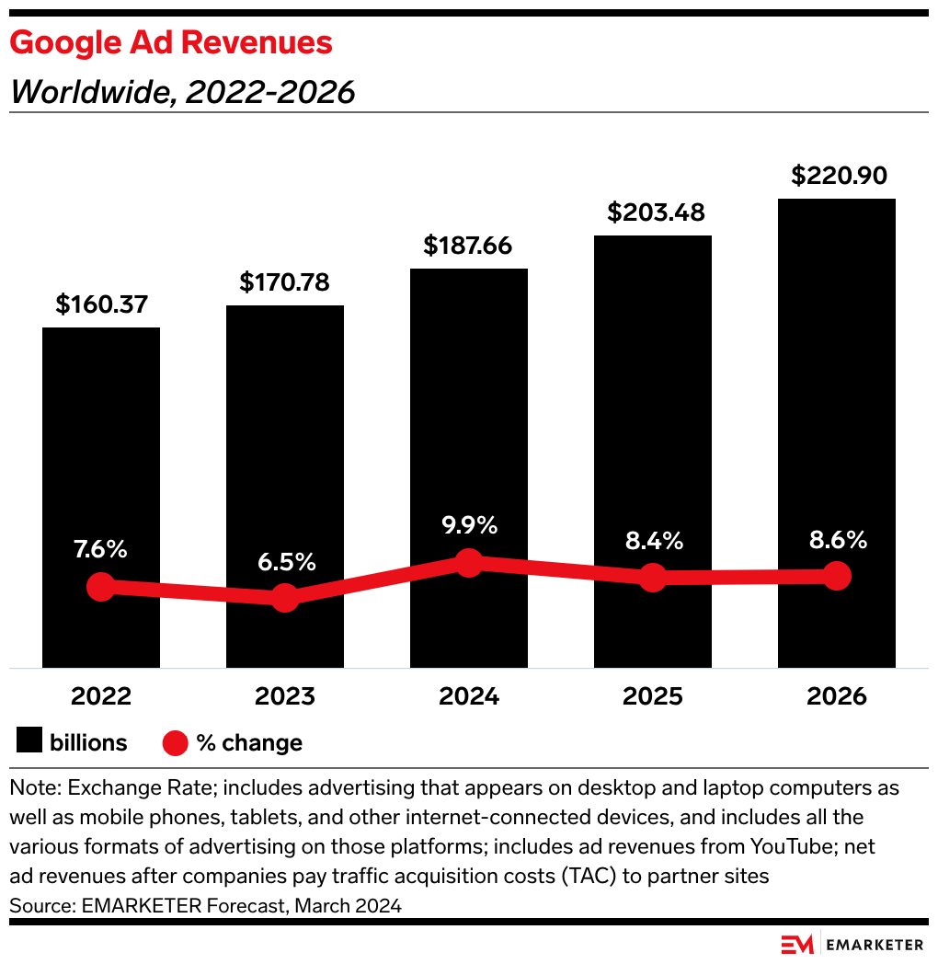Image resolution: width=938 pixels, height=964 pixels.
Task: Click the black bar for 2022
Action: coord(101,442)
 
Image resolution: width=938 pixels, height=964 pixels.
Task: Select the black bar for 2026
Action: coord(836,386)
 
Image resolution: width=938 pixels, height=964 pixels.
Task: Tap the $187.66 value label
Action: coord(468,246)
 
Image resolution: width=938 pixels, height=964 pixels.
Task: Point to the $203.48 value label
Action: coord(656,212)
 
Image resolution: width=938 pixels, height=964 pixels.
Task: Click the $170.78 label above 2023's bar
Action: coord(284,282)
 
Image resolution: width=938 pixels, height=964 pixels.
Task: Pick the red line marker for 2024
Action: coord(469,563)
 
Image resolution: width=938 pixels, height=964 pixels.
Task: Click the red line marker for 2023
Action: coord(285,598)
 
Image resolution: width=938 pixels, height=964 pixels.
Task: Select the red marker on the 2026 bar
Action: coord(837,576)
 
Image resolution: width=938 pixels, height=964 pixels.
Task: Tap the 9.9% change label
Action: coord(468,525)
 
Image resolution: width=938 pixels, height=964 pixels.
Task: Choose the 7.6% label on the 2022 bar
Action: coord(100,549)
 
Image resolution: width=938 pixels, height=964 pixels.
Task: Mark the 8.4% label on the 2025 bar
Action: coord(652,540)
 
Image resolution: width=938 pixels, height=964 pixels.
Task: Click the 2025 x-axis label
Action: coord(652,696)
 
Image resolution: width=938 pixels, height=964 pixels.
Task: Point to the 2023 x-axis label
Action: coord(284,696)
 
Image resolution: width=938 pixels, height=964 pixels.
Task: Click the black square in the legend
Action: coord(29,742)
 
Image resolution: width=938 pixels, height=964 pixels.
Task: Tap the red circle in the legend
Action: coord(175,742)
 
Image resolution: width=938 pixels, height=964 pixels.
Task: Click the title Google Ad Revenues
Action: coord(171,42)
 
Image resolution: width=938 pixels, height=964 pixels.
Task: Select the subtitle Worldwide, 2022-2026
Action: coord(182,92)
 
